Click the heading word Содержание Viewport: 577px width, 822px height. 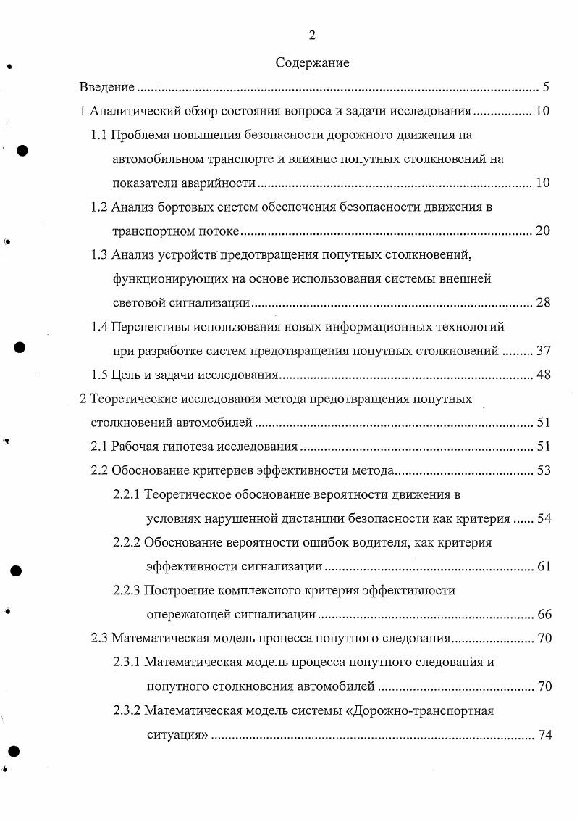click(x=312, y=63)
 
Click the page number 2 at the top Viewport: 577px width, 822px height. click(x=312, y=35)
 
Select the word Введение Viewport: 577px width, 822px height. click(x=107, y=88)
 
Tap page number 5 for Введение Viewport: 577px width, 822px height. click(x=546, y=88)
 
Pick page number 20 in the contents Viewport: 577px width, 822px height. click(x=543, y=231)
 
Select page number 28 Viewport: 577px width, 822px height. click(x=543, y=302)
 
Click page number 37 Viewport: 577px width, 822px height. click(x=543, y=351)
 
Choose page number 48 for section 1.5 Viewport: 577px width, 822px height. click(x=543, y=375)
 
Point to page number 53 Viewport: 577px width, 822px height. click(x=543, y=470)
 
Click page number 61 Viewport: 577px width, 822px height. click(x=543, y=566)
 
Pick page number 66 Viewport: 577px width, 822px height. click(x=543, y=615)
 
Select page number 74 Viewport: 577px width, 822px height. click(x=543, y=735)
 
